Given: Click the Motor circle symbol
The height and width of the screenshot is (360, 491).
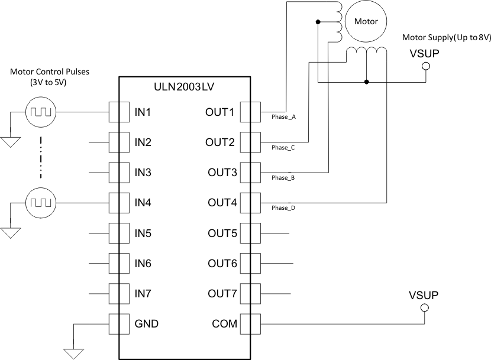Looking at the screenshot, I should tap(366, 21).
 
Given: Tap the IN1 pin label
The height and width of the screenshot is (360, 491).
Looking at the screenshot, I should tap(143, 112).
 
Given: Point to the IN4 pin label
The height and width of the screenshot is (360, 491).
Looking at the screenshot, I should tap(143, 203).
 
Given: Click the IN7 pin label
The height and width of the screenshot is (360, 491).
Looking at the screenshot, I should tap(143, 294).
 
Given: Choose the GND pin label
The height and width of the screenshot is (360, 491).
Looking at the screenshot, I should tap(146, 324).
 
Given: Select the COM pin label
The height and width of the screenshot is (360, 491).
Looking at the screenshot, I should tap(224, 324).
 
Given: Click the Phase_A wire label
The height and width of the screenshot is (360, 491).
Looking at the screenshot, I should tap(283, 117).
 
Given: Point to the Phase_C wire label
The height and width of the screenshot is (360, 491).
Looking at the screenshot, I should tap(283, 147).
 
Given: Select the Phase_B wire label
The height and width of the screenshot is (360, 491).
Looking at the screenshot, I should tap(283, 177).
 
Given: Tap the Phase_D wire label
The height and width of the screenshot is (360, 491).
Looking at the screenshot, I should tap(283, 208).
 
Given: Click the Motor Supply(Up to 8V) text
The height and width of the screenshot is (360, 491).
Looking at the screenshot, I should tap(447, 37).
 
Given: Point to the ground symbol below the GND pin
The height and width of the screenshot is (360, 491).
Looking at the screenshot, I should tap(74, 353).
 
